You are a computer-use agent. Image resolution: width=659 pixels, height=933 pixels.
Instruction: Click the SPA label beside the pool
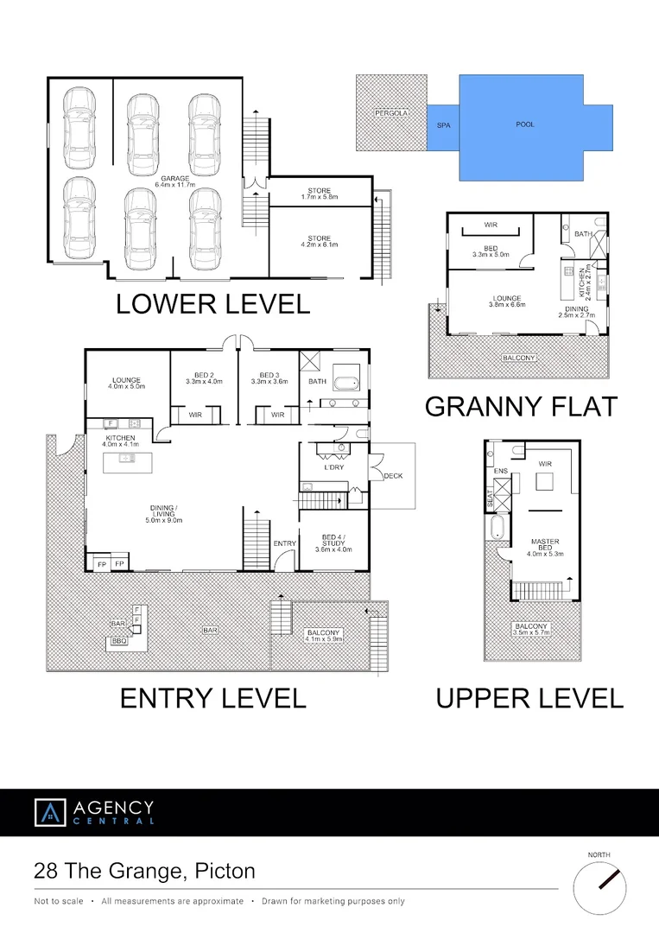[x=444, y=125]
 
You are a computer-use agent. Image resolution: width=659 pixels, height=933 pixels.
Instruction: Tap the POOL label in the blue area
[x=525, y=124]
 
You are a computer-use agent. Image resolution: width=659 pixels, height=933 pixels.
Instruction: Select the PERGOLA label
[x=391, y=113]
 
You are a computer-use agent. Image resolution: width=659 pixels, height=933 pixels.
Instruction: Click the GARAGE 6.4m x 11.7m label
[x=174, y=181]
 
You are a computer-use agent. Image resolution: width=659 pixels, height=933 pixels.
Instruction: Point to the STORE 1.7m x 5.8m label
[x=320, y=194]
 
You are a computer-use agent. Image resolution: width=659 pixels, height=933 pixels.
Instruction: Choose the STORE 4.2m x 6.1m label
[x=320, y=241]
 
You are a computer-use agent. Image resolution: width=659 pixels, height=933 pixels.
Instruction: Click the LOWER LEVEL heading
[x=213, y=304]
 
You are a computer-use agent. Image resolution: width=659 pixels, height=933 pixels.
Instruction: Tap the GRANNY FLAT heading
[x=521, y=407]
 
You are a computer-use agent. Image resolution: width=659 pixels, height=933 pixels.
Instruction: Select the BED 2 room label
[x=204, y=378]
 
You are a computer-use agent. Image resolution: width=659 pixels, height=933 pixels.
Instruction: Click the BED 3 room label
[x=269, y=378]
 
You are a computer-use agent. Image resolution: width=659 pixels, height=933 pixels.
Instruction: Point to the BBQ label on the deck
[x=119, y=641]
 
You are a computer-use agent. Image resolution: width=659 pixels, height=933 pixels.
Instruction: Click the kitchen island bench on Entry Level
[x=127, y=463]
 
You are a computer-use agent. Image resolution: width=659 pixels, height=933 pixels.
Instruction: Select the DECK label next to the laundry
[x=393, y=476]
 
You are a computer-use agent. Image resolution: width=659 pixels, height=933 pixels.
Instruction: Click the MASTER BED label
[x=545, y=548]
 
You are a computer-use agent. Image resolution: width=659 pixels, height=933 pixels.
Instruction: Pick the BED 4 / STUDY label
[x=333, y=543]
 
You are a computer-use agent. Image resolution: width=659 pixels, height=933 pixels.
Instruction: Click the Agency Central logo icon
[x=50, y=813]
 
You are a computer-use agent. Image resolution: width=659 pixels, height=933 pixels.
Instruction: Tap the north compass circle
[x=599, y=889]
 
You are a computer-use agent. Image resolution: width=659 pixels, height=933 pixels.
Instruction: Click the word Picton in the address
[x=225, y=871]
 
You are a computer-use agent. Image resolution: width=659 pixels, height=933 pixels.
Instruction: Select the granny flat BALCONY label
[x=518, y=358]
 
